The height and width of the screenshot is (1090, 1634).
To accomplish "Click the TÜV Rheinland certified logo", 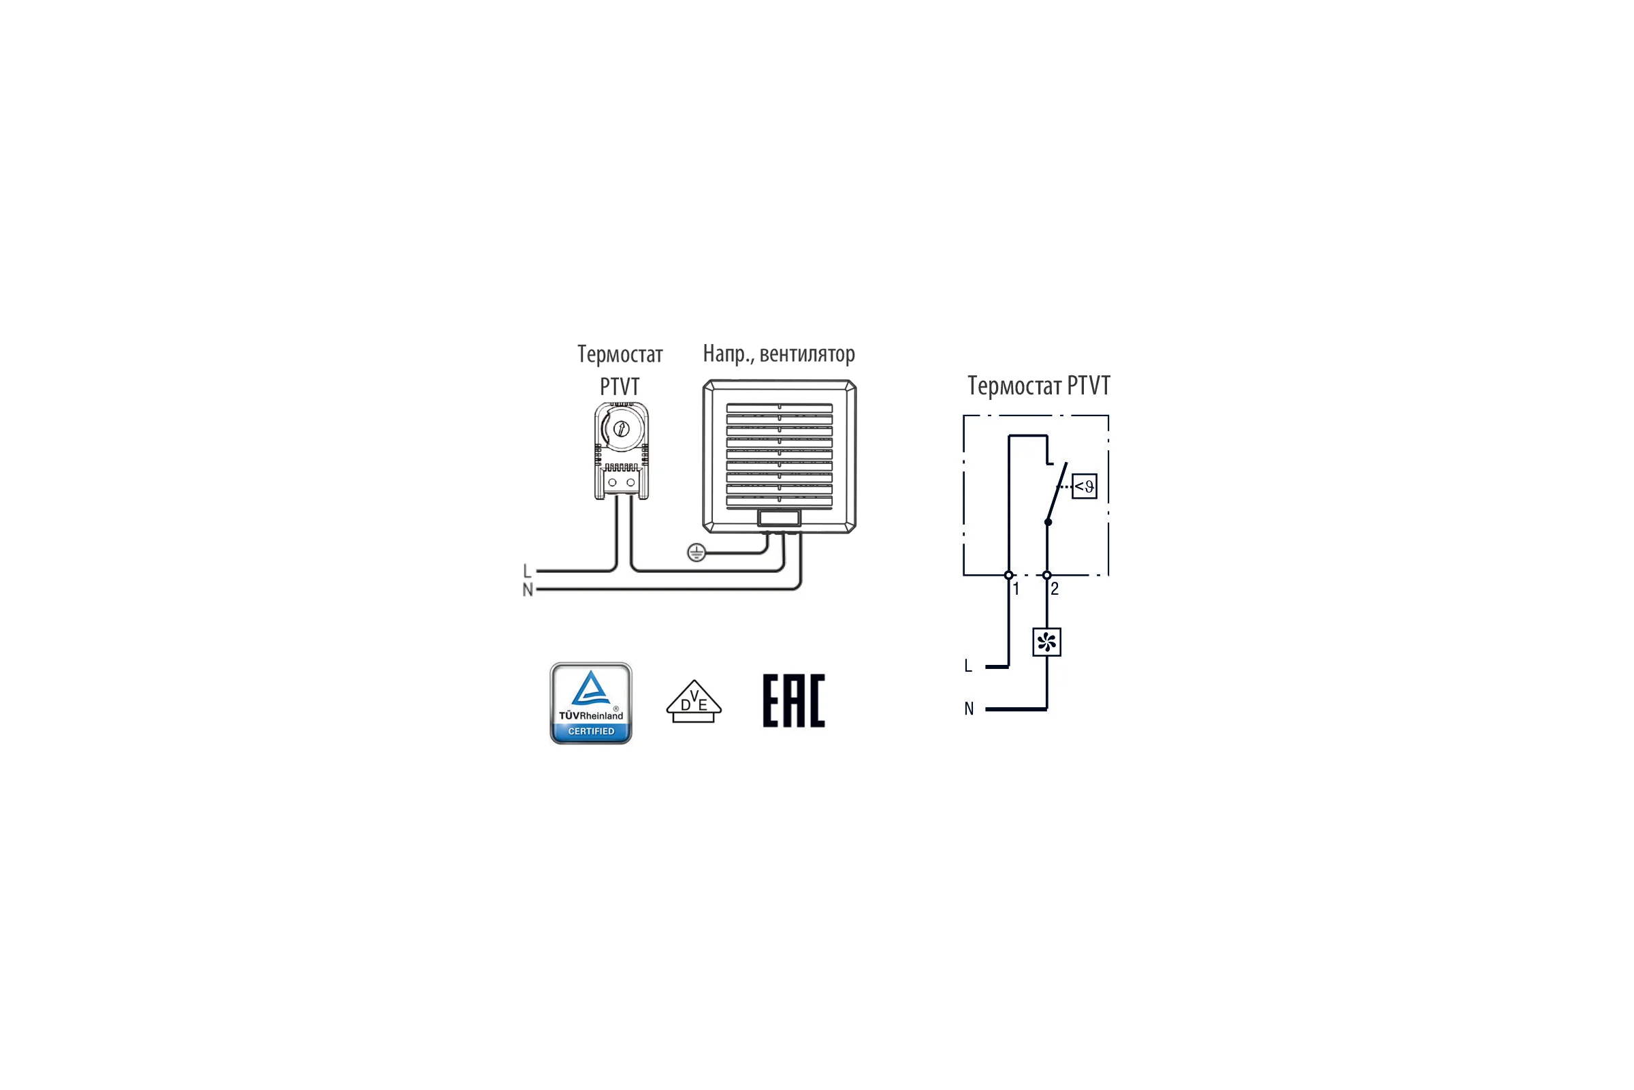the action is click(590, 703).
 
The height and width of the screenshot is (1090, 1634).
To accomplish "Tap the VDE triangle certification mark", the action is click(693, 701).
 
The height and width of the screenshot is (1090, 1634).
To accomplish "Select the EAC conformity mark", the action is click(793, 701).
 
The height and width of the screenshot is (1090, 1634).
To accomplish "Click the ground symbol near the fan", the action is click(696, 552).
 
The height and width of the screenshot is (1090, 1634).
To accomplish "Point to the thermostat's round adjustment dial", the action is click(621, 429).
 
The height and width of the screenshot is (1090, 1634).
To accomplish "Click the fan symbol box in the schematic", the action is click(1046, 642).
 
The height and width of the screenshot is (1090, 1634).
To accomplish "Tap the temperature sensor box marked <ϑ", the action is click(1085, 486).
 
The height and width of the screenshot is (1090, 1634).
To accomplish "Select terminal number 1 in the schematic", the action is click(1016, 589).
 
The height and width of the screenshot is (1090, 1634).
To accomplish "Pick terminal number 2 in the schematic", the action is click(1055, 589).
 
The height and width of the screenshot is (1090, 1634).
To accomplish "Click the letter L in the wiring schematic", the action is click(967, 666).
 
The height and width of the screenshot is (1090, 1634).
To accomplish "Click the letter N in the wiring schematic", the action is click(968, 708).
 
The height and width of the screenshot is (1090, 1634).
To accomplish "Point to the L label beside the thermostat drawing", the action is click(527, 571).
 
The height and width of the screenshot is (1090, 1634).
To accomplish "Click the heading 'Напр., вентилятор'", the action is click(779, 354).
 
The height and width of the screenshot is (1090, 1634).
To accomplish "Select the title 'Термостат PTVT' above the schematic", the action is click(1039, 385).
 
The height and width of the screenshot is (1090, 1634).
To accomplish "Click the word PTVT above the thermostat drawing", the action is click(619, 386).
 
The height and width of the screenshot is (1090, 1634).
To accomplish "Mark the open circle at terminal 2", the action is click(1047, 575).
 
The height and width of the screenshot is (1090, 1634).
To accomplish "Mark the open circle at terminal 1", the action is click(1009, 575).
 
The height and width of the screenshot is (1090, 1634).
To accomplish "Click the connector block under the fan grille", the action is click(779, 518).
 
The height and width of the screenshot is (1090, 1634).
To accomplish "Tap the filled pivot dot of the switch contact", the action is click(1048, 522).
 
